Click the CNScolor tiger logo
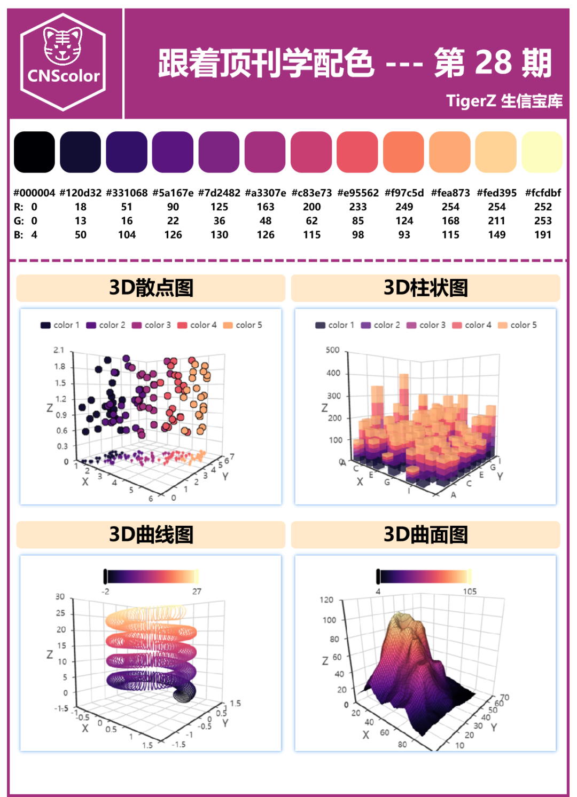pos(63,62)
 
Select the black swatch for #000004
pos(34,152)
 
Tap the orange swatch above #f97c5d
pos(404,152)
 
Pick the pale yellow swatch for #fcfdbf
pos(542,152)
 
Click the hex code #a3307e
pos(266,193)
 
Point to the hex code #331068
pos(127,193)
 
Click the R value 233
pos(358,207)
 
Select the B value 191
pos(543,234)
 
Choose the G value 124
pos(404,220)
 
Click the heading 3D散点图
pos(151,288)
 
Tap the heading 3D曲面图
pos(426,534)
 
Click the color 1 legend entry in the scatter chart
pos(60,325)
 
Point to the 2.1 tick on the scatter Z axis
pos(59,350)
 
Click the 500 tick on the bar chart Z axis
pos(332,350)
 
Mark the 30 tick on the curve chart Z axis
pos(60,597)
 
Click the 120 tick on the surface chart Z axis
pos(326,600)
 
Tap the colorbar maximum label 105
pos(470,591)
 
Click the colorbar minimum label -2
pos(106,591)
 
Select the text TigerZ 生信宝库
pos(504,101)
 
